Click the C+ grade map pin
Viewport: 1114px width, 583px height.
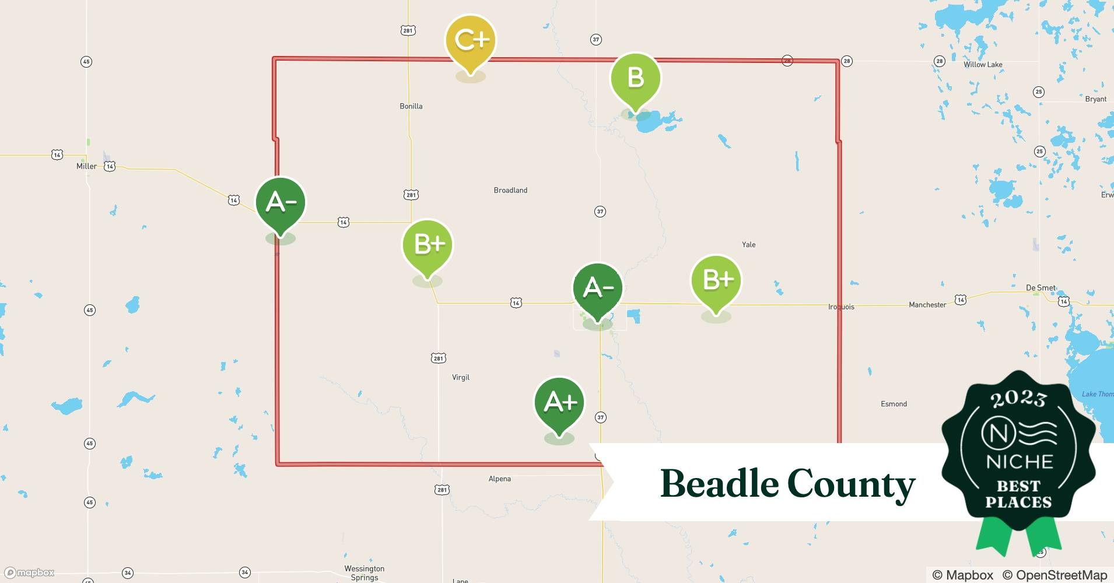471,41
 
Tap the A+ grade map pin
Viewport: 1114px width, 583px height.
559,402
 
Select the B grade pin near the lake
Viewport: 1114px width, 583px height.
635,78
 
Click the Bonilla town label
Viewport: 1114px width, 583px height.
411,106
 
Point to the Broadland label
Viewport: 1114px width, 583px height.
510,190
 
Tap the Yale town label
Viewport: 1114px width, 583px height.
749,245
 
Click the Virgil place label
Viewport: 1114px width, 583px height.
461,377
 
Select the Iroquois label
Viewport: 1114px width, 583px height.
841,307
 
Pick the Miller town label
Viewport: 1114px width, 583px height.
86,166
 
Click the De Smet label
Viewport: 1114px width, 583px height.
1041,287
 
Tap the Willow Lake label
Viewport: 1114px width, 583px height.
983,65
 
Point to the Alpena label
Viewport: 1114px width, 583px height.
500,479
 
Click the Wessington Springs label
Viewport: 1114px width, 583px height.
364,573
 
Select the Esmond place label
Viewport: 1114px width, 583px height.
894,403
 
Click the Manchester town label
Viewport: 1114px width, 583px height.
927,305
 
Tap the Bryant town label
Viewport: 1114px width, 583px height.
1095,99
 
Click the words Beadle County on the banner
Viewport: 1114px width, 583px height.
787,484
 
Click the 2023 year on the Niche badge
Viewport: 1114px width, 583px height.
1018,399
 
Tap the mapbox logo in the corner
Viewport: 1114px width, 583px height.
30,573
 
